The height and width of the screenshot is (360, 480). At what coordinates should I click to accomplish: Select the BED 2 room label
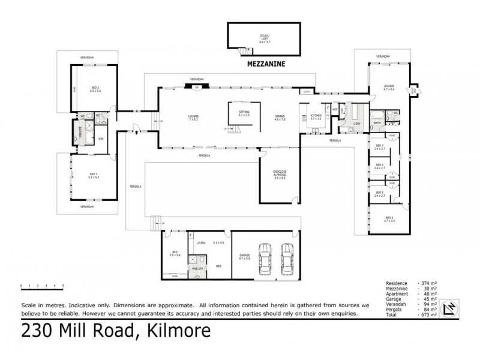coord(94,90)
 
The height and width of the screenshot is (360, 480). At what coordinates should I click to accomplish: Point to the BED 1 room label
coord(93,176)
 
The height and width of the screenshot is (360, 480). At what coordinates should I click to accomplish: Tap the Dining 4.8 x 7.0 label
coord(280,118)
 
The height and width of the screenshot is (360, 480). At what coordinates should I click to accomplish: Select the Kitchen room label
coord(316,117)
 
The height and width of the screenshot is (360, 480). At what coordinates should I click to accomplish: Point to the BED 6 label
coord(389,218)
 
